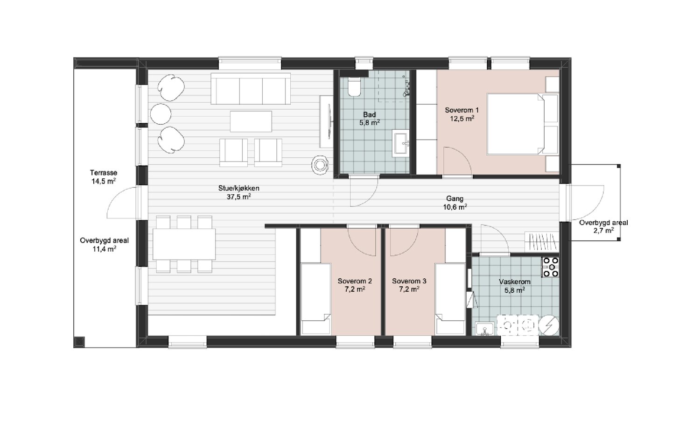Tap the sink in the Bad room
(x=401, y=143)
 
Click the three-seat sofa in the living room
(x=251, y=89)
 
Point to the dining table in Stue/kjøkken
(x=184, y=244)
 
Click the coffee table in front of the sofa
(x=251, y=121)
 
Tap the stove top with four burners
(x=551, y=267)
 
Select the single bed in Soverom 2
(x=315, y=299)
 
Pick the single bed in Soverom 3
(x=450, y=299)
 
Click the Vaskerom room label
(x=514, y=282)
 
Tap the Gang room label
(x=455, y=198)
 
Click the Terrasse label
(x=104, y=173)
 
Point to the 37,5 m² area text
(x=239, y=197)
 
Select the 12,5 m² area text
(x=462, y=119)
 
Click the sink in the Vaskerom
(x=485, y=329)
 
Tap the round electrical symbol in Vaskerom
(x=549, y=325)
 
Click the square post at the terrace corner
(x=79, y=342)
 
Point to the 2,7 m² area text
(x=603, y=231)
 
